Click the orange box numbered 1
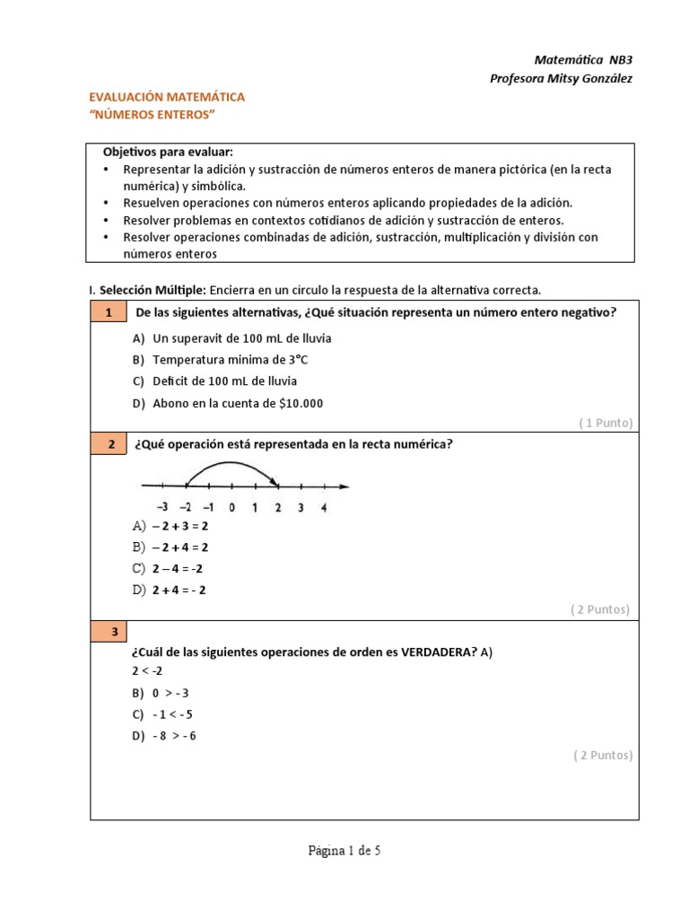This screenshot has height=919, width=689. [108, 312]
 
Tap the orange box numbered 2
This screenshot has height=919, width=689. [108, 443]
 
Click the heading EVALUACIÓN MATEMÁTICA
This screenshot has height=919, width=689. [166, 97]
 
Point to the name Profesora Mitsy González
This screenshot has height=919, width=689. [561, 78]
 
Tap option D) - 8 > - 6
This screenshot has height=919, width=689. [163, 736]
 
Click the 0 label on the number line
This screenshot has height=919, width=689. [231, 508]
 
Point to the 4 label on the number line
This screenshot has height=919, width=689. [323, 508]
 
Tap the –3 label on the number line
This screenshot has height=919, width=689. [161, 508]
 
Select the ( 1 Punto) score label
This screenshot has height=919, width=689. [606, 423]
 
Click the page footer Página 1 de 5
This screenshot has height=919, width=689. [344, 851]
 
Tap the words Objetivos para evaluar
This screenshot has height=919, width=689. [168, 152]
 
